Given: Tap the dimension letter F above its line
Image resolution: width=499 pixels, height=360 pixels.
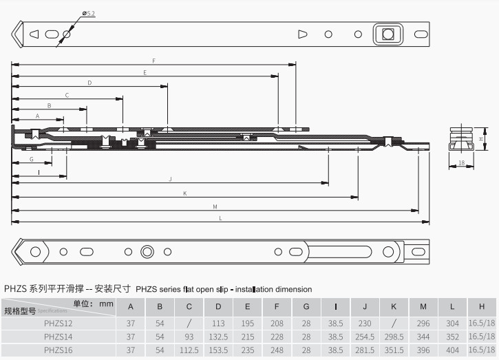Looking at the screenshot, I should point(153,61).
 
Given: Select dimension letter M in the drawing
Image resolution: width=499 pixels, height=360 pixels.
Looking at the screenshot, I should point(215,206).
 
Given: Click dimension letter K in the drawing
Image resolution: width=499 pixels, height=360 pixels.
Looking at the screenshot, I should point(184,193).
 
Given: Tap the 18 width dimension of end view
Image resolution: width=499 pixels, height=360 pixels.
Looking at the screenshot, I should point(460,163).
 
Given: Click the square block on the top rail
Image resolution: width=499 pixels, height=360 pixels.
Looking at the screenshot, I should point(387,34).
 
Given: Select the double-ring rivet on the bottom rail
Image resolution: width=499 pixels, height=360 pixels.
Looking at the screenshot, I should point(147,251).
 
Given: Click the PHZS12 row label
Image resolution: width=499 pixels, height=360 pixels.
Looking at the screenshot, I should point(58,322).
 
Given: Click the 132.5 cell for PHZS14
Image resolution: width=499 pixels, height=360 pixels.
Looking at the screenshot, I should point(219,336).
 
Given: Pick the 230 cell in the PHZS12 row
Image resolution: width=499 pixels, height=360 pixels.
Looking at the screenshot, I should point(365,322).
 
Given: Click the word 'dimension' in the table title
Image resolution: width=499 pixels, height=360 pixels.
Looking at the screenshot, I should point(266,290).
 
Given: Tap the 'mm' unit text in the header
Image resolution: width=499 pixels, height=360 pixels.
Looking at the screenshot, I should point(106,303).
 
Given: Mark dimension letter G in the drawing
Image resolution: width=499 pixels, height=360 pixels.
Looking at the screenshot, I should point(32,159).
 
